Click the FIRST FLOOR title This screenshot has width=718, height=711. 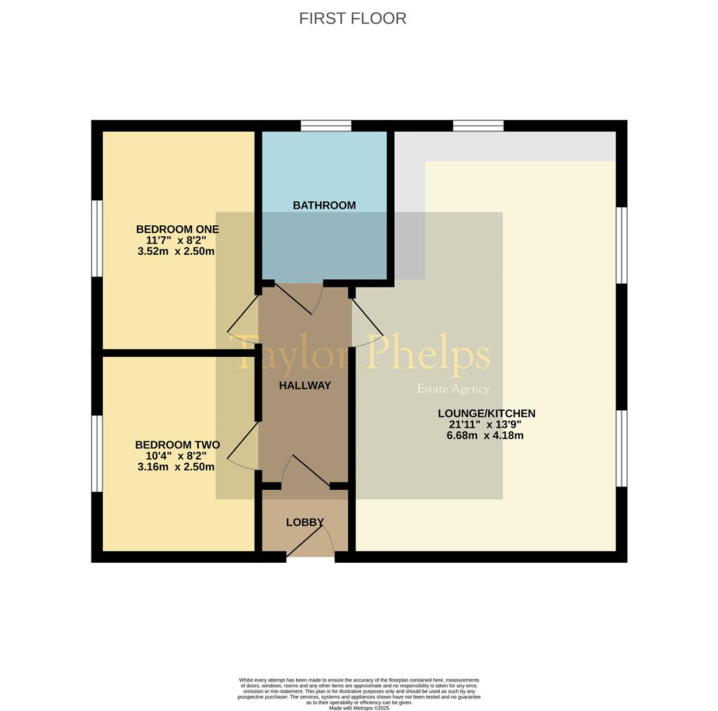[x=352, y=18]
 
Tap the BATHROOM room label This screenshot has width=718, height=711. [x=324, y=205]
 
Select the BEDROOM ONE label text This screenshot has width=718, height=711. [x=177, y=229]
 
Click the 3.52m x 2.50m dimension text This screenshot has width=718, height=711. [x=176, y=251]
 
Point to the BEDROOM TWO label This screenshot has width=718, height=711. [x=177, y=445]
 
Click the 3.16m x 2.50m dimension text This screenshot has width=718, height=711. [x=176, y=467]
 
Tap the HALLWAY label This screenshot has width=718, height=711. [x=305, y=386]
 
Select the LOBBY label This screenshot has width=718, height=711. [x=305, y=522]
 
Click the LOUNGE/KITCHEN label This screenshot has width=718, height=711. [x=486, y=413]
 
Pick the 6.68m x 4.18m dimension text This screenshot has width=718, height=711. [x=485, y=436]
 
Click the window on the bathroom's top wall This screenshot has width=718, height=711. [x=326, y=126]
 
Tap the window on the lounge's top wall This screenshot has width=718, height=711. [x=478, y=126]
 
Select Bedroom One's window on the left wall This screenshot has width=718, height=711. [x=97, y=238]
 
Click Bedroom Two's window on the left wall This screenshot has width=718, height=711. [x=97, y=454]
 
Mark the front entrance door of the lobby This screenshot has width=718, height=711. [x=309, y=546]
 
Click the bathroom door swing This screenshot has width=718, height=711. [x=296, y=300]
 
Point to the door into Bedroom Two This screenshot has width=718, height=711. [x=242, y=442]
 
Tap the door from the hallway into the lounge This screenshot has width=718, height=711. [x=367, y=319]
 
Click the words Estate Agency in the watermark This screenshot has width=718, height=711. [x=453, y=389]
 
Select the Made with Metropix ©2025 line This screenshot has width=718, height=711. [x=359, y=708]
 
